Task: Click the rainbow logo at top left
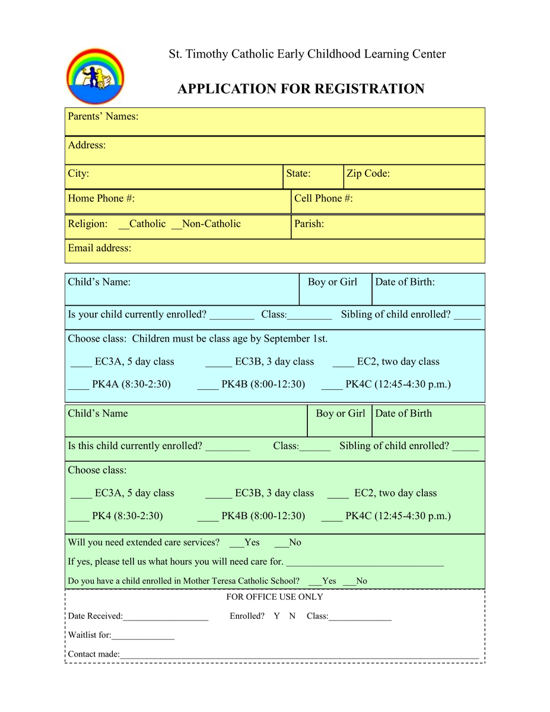coord(95,76)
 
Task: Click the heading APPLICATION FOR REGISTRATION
coord(301,89)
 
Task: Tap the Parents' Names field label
coord(103,116)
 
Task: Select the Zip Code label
coord(368,174)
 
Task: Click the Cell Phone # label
coord(323,198)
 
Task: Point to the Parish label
coord(309,224)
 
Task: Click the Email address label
coord(100,248)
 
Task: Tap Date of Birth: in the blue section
coord(405,282)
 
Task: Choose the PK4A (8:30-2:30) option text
coord(131,384)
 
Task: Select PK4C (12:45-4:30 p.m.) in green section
coord(398,516)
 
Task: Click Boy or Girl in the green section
coord(341,414)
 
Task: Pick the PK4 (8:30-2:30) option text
coord(128,516)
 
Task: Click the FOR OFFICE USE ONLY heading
coord(275,597)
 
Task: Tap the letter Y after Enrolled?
coord(276,616)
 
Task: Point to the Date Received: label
coord(96,616)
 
